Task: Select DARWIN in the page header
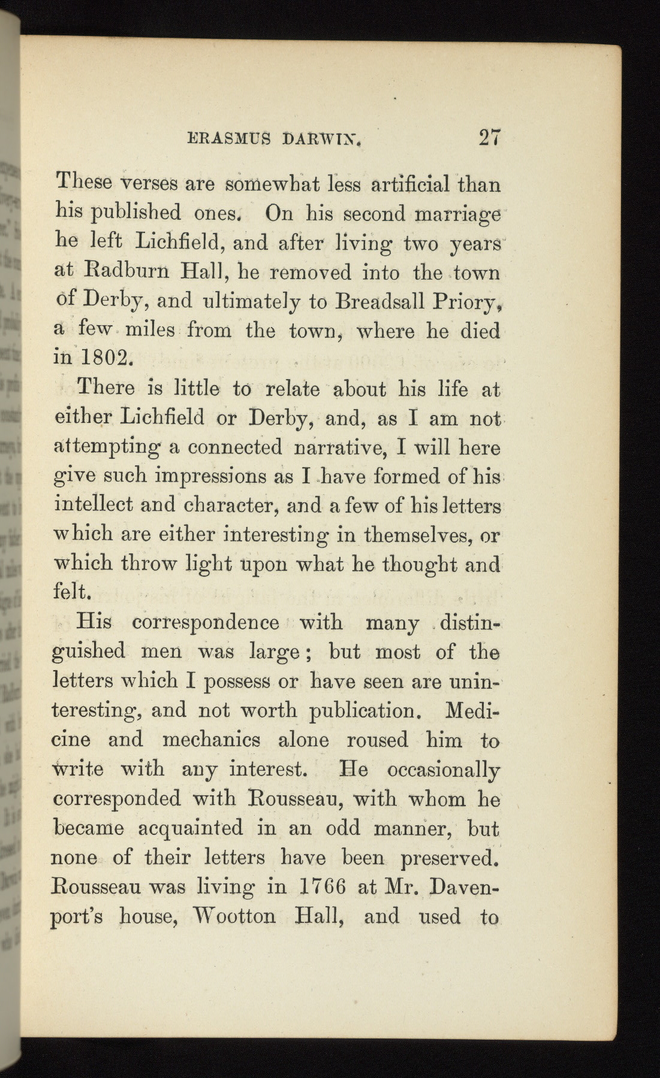(314, 141)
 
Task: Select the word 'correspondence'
(206, 622)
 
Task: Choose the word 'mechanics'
(211, 740)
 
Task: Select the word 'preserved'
(449, 858)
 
